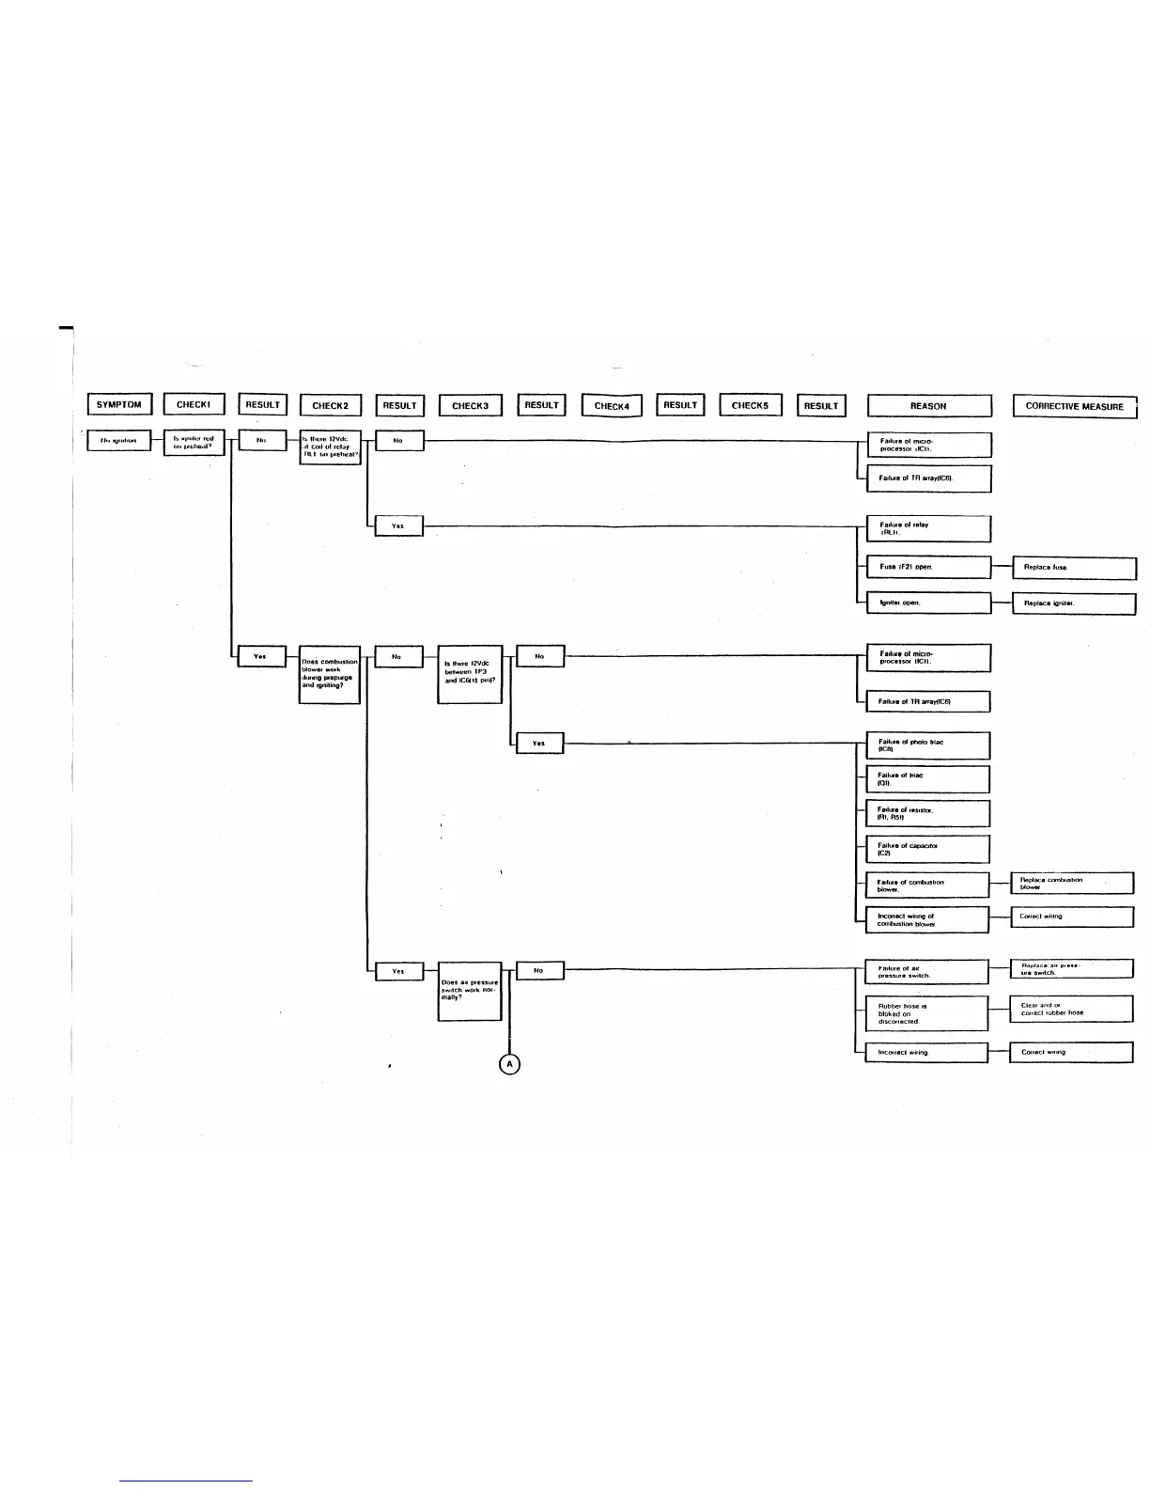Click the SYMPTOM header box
(x=119, y=405)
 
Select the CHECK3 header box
(x=470, y=406)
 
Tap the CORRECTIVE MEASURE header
(x=1074, y=406)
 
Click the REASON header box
(x=928, y=406)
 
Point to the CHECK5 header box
(x=750, y=405)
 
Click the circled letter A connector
(x=509, y=1063)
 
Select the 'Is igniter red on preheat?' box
(x=194, y=442)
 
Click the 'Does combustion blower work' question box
(x=330, y=674)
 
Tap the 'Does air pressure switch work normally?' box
(x=470, y=991)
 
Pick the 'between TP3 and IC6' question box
(x=470, y=673)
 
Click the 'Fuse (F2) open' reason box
(x=928, y=567)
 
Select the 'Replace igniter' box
(x=1074, y=603)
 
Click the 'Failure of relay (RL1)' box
(x=928, y=528)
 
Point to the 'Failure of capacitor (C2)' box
(x=927, y=849)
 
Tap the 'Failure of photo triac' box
(x=927, y=745)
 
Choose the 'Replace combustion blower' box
(x=1072, y=884)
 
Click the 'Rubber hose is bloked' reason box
(x=926, y=1013)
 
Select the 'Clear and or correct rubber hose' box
(x=1072, y=1009)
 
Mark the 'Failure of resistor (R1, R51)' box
(x=927, y=813)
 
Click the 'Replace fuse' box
(x=1074, y=567)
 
